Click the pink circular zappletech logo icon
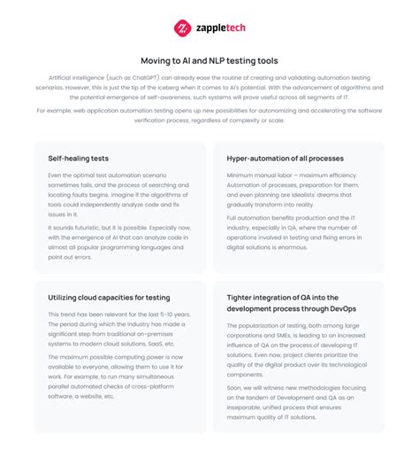point(182,27)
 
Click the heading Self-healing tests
point(79,158)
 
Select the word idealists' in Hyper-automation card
point(322,193)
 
